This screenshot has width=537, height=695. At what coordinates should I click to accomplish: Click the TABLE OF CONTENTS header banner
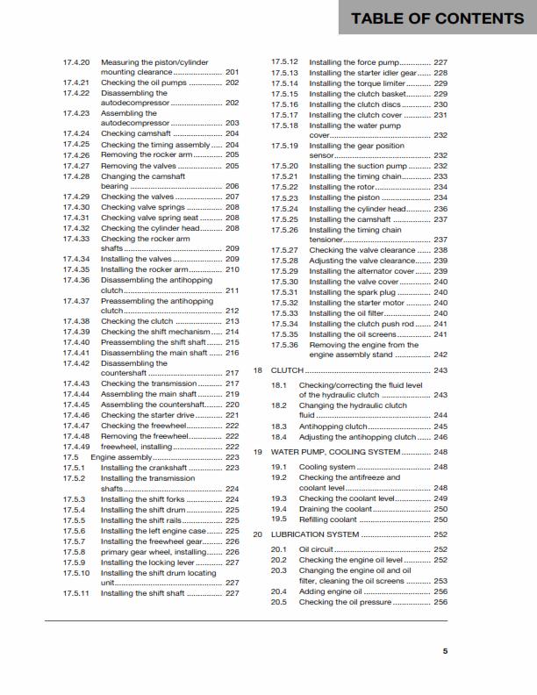point(437,18)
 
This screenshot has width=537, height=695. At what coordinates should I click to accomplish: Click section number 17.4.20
point(76,63)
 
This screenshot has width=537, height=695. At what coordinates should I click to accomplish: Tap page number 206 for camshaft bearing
point(233,187)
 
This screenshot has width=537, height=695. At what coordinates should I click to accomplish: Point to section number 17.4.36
point(76,280)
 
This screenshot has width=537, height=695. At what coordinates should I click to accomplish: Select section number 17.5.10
point(76,572)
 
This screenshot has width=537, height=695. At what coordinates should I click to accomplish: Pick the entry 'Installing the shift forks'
point(142,499)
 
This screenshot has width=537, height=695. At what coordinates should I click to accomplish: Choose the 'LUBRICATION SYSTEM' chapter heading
point(315,534)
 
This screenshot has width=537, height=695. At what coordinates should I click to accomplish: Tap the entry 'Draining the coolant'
point(336,509)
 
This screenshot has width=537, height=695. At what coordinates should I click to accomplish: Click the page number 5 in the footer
point(445,651)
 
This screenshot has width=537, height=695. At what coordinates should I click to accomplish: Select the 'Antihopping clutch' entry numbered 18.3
point(333,426)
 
